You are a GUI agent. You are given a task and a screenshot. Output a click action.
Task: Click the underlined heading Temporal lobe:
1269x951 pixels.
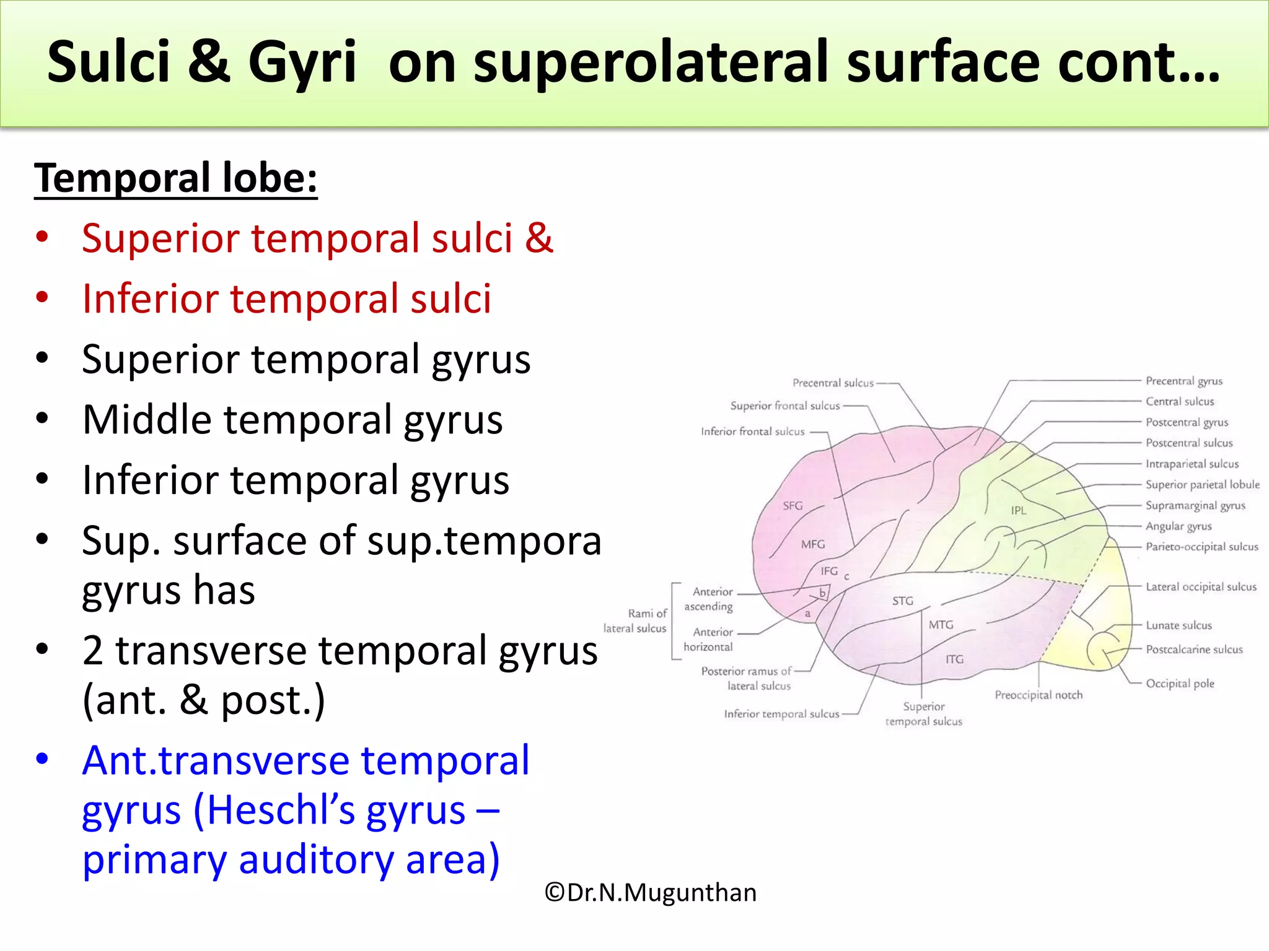[x=175, y=178]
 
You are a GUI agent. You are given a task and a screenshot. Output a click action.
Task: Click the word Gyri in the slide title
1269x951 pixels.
[x=302, y=62]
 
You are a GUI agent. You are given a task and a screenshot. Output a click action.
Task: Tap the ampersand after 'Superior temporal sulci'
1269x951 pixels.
[x=538, y=238]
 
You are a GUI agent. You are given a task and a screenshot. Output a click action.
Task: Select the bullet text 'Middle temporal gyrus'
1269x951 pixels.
[x=292, y=420]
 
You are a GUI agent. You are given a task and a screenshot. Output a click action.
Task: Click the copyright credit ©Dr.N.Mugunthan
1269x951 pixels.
[x=650, y=893]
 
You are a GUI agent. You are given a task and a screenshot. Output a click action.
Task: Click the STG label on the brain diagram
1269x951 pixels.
[x=902, y=601]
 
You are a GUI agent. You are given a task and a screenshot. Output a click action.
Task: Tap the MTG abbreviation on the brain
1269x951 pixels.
[x=941, y=625]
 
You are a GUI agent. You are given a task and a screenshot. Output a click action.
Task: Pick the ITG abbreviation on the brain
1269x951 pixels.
[x=954, y=659]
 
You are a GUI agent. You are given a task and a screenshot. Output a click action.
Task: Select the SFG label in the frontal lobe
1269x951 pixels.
[x=793, y=506]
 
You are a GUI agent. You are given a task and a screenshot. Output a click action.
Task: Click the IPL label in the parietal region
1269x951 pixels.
[x=1019, y=511]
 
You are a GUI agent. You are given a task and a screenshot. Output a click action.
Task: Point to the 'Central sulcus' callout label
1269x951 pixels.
[x=1179, y=401]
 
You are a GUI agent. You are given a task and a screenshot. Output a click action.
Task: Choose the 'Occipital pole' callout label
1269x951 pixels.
[x=1180, y=684]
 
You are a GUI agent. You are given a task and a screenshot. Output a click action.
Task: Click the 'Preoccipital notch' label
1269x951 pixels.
[x=1038, y=695]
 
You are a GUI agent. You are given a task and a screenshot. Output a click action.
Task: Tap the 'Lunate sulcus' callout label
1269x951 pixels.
[x=1179, y=625]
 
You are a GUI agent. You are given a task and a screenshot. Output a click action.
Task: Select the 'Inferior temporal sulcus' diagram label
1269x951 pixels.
[x=781, y=714]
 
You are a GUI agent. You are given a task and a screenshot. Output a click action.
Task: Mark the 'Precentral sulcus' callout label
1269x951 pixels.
[x=833, y=383]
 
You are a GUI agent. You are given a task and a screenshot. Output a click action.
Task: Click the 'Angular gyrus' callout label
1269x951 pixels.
[x=1179, y=526]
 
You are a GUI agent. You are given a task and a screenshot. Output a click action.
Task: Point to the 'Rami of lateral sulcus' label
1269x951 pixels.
[x=636, y=620]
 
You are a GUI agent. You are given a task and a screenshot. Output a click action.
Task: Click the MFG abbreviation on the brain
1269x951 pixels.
[x=813, y=544]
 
